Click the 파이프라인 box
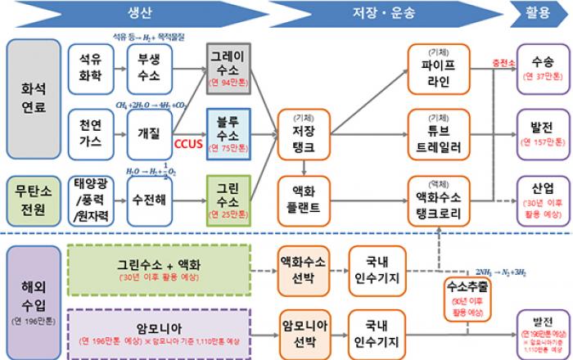pyautogui.click(x=439, y=68)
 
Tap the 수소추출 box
pyautogui.click(x=463, y=296)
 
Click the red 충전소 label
pyautogui.click(x=494, y=61)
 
